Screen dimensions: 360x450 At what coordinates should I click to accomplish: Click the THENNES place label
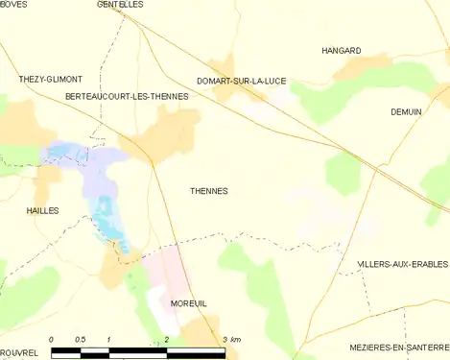click(x=207, y=191)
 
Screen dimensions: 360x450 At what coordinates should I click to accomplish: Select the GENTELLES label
click(x=120, y=5)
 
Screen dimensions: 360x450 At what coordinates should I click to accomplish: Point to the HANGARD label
click(x=341, y=50)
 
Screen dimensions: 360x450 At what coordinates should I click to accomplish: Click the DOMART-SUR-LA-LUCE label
click(x=241, y=81)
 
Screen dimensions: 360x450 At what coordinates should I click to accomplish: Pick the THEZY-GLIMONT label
click(x=50, y=79)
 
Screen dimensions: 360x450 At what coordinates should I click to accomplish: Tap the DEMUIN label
click(x=406, y=112)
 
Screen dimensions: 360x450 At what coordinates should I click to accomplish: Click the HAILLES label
click(x=42, y=210)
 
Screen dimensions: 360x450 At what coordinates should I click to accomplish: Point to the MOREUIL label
click(x=188, y=303)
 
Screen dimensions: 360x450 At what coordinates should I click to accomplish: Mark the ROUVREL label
click(x=19, y=352)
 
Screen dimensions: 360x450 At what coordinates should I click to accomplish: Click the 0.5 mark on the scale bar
click(x=81, y=341)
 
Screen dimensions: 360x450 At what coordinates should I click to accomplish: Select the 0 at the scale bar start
click(x=51, y=341)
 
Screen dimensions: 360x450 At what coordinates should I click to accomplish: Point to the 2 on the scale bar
click(x=167, y=341)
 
